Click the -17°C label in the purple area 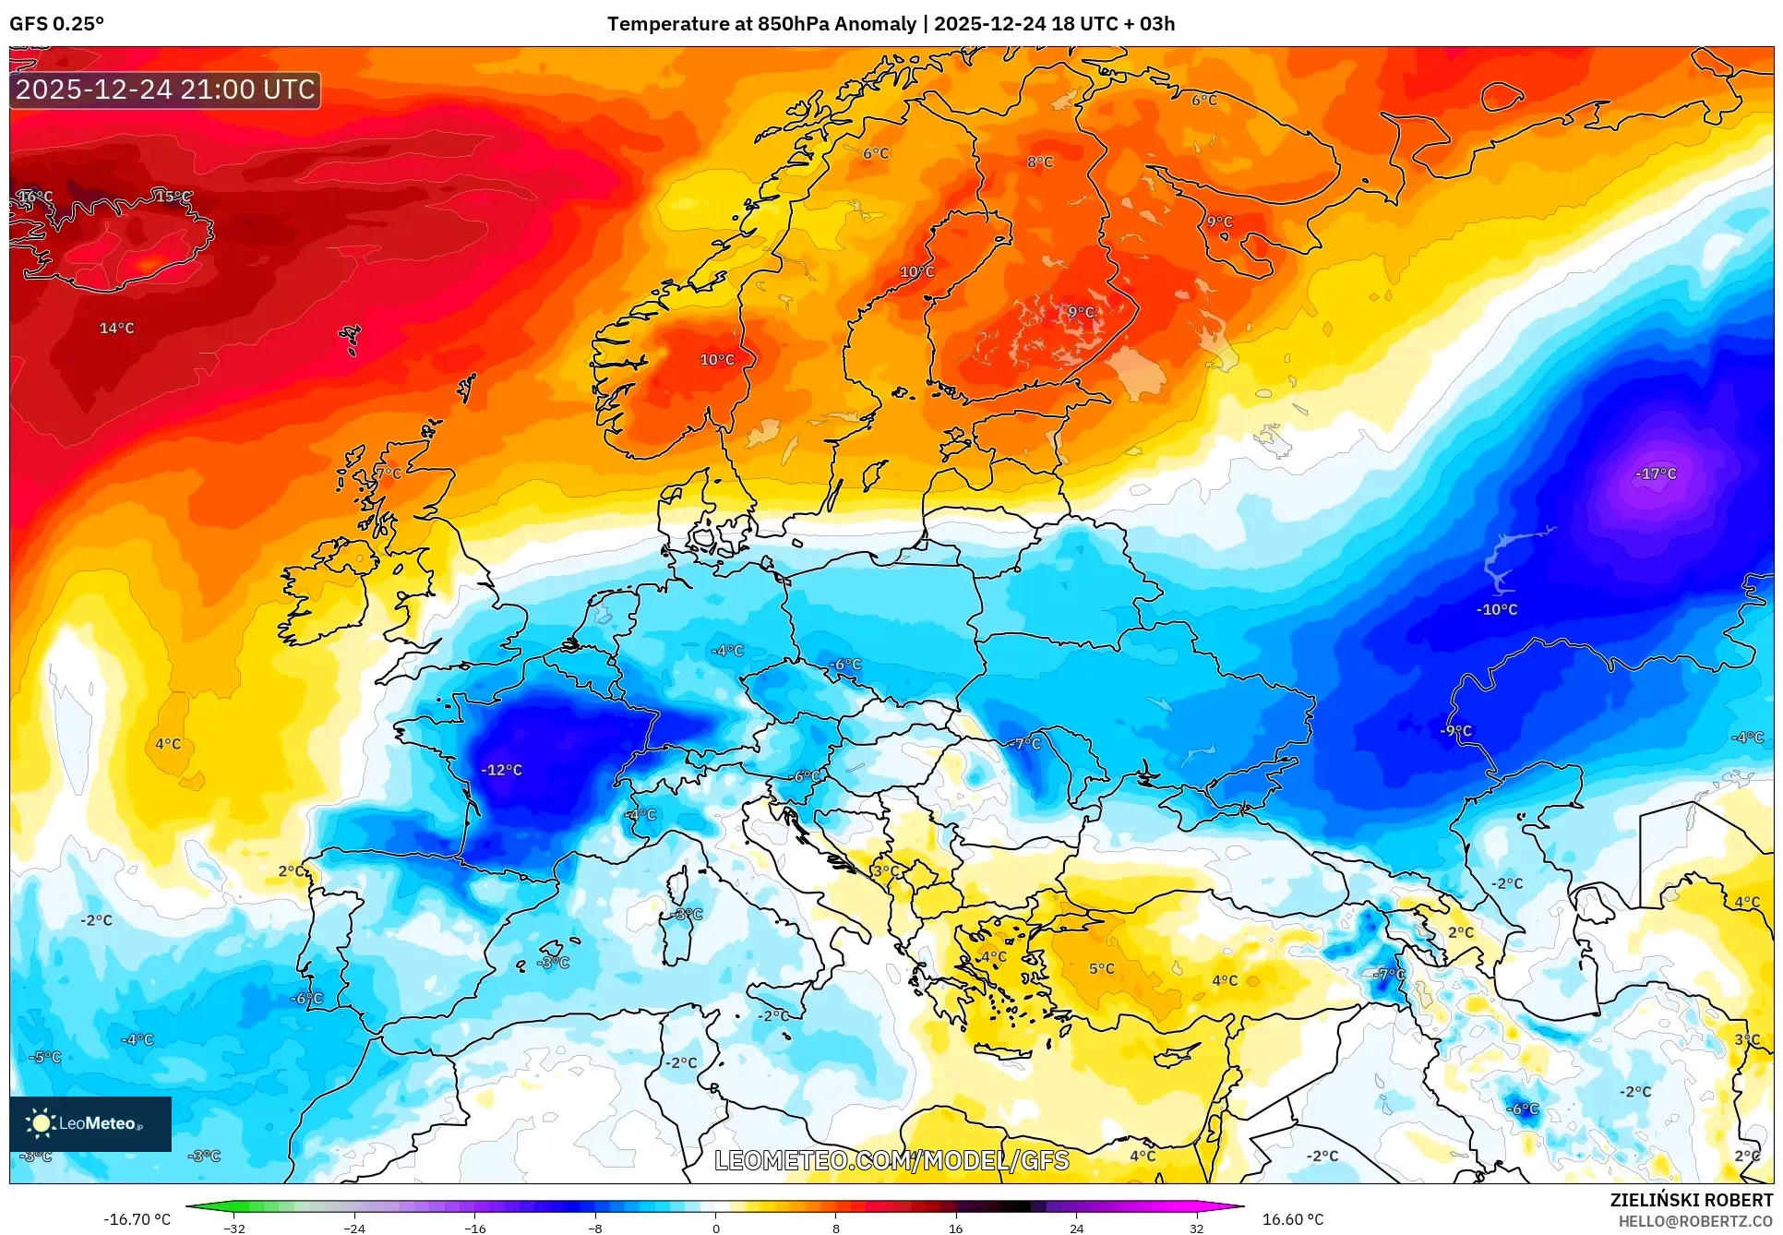click(x=1656, y=474)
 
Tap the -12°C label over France click(x=502, y=770)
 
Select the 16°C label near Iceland click(x=35, y=197)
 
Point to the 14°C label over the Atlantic click(x=117, y=328)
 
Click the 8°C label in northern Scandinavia click(x=1040, y=162)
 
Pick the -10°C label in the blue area click(x=1497, y=609)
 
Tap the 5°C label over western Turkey click(x=1102, y=968)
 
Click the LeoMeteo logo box click(x=90, y=1123)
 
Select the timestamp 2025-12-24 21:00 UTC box click(x=166, y=90)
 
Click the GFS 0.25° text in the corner click(x=57, y=24)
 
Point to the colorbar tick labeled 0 click(x=715, y=1228)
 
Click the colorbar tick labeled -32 click(x=234, y=1228)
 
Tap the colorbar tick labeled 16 click(x=956, y=1228)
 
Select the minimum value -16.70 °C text click(x=137, y=1219)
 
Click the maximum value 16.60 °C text click(x=1292, y=1219)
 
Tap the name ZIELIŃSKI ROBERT click(x=1691, y=1200)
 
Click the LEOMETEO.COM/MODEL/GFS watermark click(x=891, y=1160)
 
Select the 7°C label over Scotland click(x=389, y=473)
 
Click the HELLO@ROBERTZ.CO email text click(x=1694, y=1221)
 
